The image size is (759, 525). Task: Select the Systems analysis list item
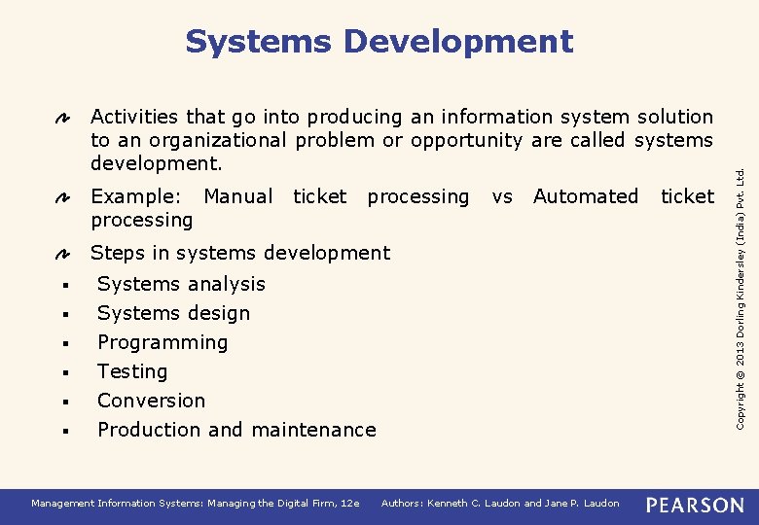[181, 284]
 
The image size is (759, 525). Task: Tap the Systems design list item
[173, 313]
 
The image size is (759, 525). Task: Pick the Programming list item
[163, 342]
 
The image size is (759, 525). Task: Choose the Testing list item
[132, 371]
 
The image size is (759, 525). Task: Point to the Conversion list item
[151, 401]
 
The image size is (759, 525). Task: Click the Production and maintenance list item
[236, 430]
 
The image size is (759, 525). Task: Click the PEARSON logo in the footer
[695, 505]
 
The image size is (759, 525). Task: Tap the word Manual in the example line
[237, 196]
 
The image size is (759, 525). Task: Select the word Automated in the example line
[586, 196]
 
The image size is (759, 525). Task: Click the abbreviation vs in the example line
[502, 196]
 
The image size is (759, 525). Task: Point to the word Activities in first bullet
[134, 117]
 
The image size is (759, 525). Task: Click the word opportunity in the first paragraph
[468, 140]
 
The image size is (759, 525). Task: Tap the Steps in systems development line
[239, 253]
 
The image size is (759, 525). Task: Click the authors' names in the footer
[500, 504]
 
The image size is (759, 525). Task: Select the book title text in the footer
[196, 504]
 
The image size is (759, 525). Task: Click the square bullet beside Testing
[62, 372]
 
